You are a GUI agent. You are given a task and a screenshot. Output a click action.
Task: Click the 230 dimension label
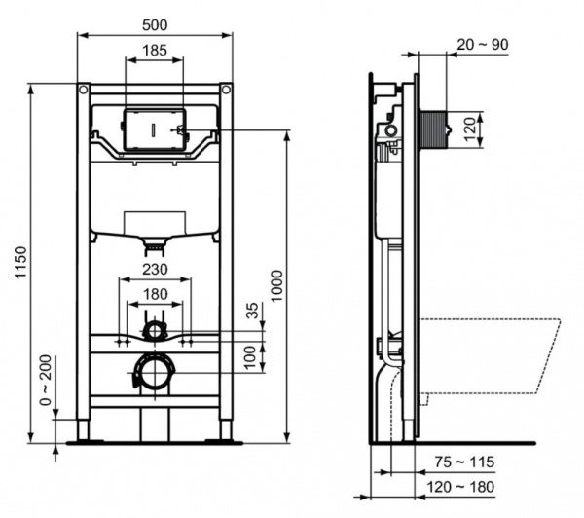155,270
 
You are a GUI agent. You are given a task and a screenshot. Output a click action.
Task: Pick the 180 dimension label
155,293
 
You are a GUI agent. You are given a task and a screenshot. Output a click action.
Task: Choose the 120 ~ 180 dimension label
465,486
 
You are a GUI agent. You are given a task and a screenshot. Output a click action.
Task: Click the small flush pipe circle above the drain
154,331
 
